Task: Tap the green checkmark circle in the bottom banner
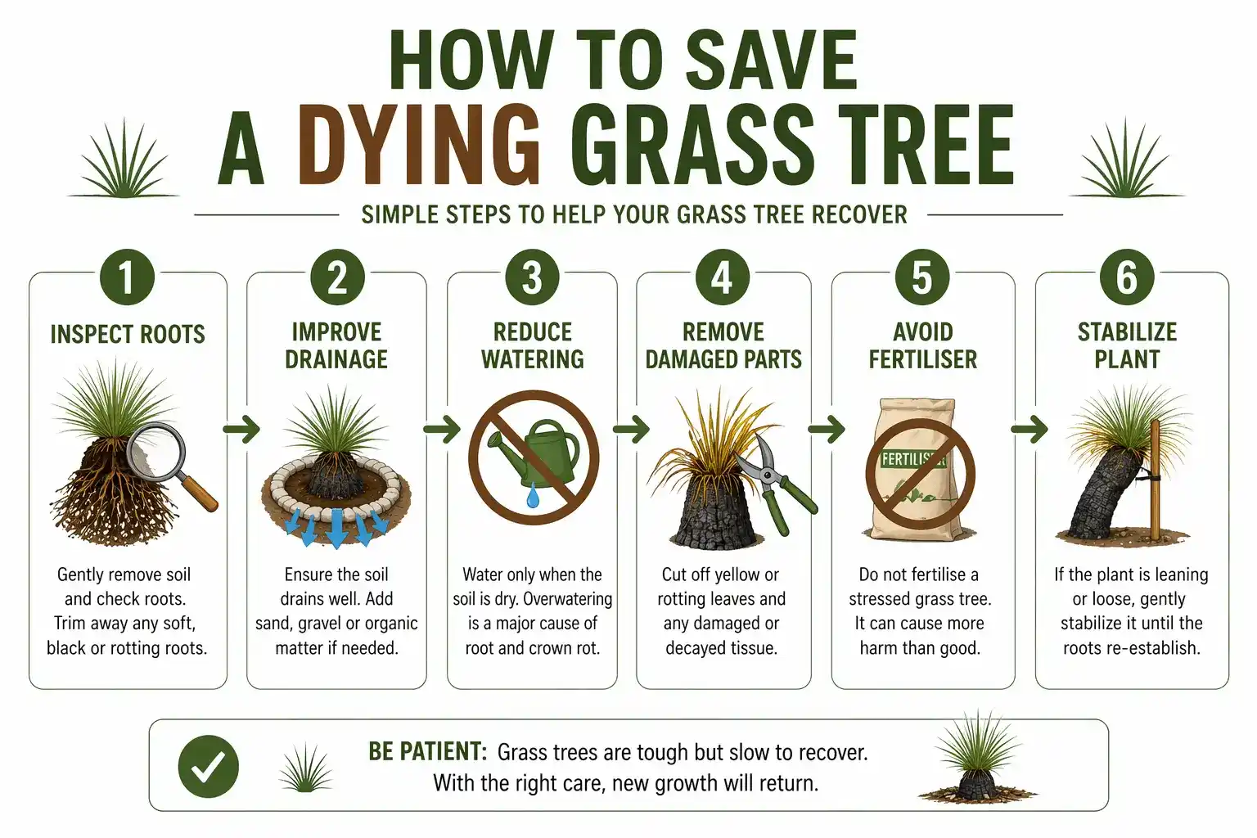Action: point(209,766)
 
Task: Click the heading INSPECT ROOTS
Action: point(128,334)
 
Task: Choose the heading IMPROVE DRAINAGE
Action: point(336,345)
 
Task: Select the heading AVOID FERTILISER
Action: point(922,345)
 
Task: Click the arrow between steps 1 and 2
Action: point(241,429)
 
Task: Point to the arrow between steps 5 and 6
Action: point(1030,429)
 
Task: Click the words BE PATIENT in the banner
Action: point(427,751)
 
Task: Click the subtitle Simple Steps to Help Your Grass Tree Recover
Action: point(634,215)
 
